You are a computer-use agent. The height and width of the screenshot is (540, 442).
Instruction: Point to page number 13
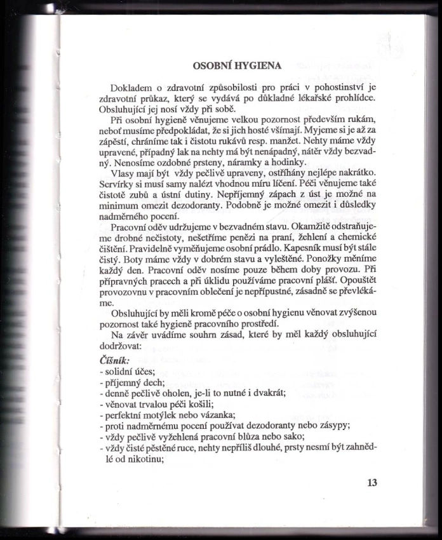click(372, 483)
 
